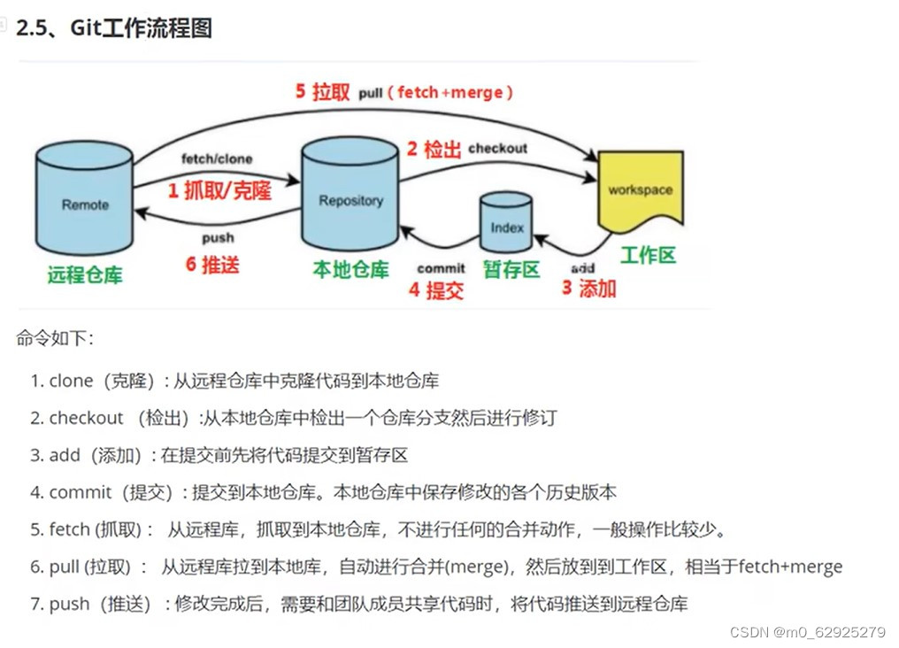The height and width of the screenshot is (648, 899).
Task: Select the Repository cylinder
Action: click(350, 195)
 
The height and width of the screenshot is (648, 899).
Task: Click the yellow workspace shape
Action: click(640, 189)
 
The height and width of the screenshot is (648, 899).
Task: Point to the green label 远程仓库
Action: click(85, 274)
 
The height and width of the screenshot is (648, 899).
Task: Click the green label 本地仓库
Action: click(350, 270)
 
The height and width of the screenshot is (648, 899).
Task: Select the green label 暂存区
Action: click(511, 270)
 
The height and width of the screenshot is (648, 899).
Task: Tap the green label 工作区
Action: click(648, 256)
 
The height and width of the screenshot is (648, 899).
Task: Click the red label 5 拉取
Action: click(323, 92)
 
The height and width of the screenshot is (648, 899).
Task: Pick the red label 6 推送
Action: click(212, 264)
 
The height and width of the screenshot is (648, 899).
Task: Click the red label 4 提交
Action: click(436, 289)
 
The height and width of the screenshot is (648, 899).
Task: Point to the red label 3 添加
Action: click(588, 288)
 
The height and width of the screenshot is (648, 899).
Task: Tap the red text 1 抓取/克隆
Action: click(219, 190)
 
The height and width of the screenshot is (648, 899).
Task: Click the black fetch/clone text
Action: click(217, 159)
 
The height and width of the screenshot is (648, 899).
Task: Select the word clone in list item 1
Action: click(71, 381)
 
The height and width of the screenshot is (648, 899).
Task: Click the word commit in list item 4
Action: click(81, 492)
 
